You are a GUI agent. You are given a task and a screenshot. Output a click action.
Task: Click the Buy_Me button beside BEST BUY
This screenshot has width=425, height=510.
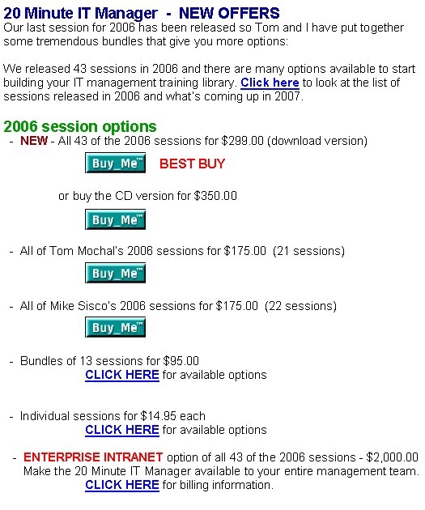[x=115, y=163]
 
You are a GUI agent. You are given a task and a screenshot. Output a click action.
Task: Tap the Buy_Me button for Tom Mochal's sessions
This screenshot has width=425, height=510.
[x=115, y=273]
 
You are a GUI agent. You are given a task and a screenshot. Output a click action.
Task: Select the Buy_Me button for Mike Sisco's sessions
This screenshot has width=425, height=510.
[x=115, y=327]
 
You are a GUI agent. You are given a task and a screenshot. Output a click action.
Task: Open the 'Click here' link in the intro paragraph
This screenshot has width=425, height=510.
[x=270, y=83]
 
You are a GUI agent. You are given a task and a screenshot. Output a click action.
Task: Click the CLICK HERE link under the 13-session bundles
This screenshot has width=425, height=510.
[x=122, y=375]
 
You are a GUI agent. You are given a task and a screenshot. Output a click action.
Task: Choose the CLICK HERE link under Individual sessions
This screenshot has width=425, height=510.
[x=122, y=430]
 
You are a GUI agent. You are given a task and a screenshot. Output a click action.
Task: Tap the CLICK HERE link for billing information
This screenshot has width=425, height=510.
[x=122, y=485]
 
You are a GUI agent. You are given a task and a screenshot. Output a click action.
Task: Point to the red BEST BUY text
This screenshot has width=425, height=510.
[x=192, y=164]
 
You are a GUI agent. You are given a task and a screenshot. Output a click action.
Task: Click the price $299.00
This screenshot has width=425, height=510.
[x=242, y=141]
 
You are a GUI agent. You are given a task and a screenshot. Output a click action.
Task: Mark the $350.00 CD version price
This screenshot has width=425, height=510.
[x=215, y=196]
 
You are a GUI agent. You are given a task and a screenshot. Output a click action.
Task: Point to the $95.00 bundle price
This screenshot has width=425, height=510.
[x=181, y=361]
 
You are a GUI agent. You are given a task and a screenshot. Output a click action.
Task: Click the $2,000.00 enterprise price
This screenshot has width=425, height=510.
[x=392, y=457]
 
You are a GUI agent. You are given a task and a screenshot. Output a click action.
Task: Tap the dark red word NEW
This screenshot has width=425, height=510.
[x=34, y=141]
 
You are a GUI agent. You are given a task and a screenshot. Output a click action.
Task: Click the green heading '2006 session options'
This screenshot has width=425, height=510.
[x=80, y=126]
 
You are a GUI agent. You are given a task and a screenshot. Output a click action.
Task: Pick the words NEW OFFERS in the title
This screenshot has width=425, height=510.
[x=229, y=13]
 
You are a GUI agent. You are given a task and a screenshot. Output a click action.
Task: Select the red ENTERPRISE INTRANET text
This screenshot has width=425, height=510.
[x=93, y=457]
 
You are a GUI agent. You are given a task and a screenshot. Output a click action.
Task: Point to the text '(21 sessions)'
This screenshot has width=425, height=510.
[x=308, y=251]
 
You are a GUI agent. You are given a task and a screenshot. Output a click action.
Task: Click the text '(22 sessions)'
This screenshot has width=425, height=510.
[x=300, y=306]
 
